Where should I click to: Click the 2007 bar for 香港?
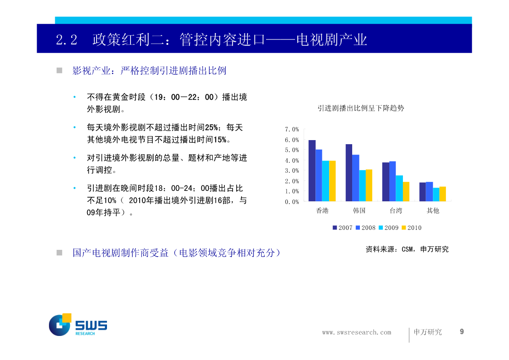tap(312, 171)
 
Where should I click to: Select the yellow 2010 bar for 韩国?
tap(369, 185)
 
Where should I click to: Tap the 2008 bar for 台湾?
tap(393, 181)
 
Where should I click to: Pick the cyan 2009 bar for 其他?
tap(436, 195)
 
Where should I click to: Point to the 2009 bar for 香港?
tap(325, 181)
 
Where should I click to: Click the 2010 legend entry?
tap(412, 228)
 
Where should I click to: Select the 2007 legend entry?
tap(343, 228)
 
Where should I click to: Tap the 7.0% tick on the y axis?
tap(292, 129)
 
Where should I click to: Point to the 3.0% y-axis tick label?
tap(292, 170)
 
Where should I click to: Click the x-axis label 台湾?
tap(396, 211)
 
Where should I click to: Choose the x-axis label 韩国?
tap(359, 211)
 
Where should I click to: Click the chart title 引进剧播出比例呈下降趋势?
tap(361, 108)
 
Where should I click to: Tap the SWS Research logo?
tap(78, 325)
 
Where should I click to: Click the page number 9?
tap(461, 331)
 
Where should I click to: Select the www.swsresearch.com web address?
tap(356, 332)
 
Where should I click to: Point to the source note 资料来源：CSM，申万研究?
tap(407, 249)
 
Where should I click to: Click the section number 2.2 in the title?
tap(67, 40)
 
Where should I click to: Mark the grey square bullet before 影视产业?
tap(59, 70)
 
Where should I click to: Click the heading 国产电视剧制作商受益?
tap(121, 253)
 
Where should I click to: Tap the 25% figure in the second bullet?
tap(211, 127)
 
